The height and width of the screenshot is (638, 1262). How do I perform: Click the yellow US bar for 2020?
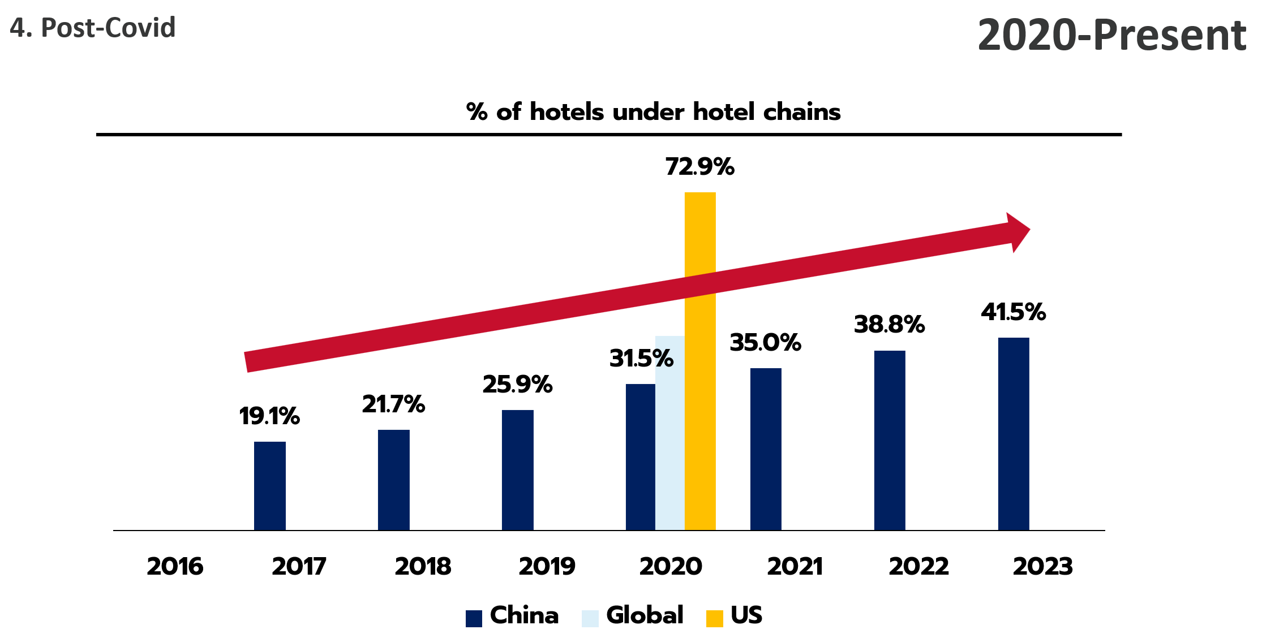[x=700, y=407]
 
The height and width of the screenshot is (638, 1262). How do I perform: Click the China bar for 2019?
[x=517, y=469]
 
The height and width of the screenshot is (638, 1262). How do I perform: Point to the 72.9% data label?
[x=699, y=167]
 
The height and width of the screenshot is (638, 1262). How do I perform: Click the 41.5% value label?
[x=1013, y=312]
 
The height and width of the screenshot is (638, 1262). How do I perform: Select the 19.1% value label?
[x=269, y=416]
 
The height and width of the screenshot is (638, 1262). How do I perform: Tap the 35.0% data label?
[x=765, y=343]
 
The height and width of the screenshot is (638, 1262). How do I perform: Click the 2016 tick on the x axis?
[x=175, y=566]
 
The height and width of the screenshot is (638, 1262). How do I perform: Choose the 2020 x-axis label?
[x=671, y=566]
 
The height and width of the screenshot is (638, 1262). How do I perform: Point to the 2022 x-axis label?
[x=918, y=566]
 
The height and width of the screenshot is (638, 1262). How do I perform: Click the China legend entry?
[x=513, y=616]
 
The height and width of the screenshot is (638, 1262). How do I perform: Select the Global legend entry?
[x=633, y=616]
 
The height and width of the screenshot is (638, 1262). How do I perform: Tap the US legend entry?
[x=735, y=616]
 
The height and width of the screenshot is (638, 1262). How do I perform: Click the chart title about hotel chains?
[x=653, y=111]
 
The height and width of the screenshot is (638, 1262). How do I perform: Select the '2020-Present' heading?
[x=1111, y=35]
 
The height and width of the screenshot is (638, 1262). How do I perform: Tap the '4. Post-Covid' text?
[x=93, y=28]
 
